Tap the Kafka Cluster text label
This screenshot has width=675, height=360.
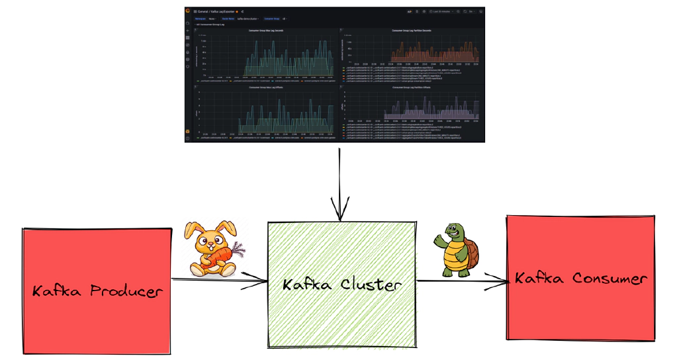[341, 285]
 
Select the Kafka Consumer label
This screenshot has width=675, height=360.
[580, 279]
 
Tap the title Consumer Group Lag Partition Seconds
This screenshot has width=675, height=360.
[411, 30]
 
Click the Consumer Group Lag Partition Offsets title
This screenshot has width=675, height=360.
[411, 87]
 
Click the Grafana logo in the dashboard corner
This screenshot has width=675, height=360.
[188, 11]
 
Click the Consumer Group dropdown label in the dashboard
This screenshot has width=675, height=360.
[272, 19]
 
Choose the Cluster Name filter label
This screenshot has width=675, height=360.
[228, 19]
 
